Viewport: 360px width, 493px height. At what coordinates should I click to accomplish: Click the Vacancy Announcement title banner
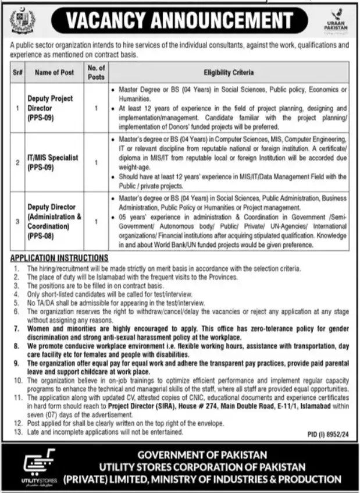tap(180, 20)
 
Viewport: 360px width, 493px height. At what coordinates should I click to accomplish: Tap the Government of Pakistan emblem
tap(22, 22)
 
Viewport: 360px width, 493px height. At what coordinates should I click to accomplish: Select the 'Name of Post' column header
tap(54, 73)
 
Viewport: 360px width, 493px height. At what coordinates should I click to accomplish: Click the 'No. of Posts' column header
tap(95, 73)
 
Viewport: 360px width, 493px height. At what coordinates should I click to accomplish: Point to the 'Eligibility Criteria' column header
tap(228, 73)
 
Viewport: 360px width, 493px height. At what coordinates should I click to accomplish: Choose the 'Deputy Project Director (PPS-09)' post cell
tap(51, 108)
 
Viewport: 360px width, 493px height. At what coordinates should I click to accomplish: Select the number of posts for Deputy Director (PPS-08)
tap(95, 221)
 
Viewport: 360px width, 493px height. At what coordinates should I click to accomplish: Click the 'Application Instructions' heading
tap(59, 258)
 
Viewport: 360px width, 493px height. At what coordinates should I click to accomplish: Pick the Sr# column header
tap(17, 73)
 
